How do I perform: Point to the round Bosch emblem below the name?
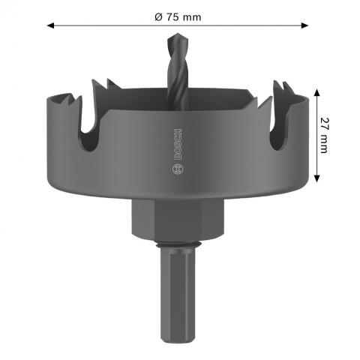tap(177, 169)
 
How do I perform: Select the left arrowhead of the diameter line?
tap(51, 25)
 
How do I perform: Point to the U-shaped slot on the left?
tap(89, 135)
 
